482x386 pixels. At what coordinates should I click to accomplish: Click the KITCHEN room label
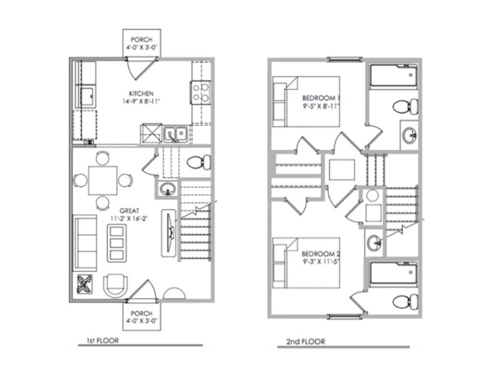pos(141,94)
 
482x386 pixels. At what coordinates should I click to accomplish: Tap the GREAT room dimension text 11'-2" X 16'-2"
pos(129,218)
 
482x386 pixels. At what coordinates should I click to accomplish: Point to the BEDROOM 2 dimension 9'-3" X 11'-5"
pos(321,262)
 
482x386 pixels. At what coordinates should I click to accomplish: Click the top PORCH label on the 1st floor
pos(141,40)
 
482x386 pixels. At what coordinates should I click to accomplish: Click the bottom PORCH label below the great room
pos(141,313)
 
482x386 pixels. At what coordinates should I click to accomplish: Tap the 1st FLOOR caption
pos(102,341)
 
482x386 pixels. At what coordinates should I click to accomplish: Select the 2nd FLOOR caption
pos(306,342)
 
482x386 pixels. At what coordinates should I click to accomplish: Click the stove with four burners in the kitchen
pos(201,92)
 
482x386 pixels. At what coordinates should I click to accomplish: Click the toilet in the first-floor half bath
pos(199,162)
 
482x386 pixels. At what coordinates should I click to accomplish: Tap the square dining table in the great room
pos(103,180)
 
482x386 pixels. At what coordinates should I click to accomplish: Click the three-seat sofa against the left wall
pos(85,243)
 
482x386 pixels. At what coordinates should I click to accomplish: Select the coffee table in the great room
pos(117,243)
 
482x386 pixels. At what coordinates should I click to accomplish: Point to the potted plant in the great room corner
pos(85,284)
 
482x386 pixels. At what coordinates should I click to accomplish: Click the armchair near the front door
pos(115,286)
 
